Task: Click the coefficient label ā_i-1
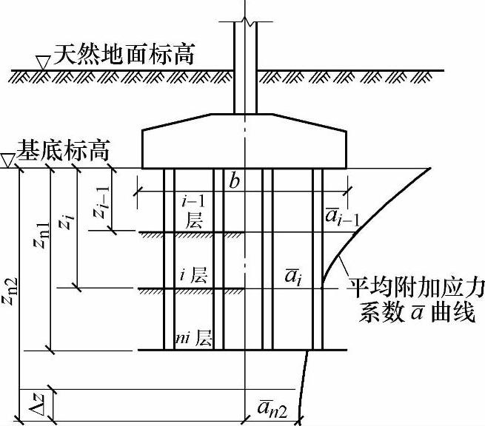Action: click(342, 215)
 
